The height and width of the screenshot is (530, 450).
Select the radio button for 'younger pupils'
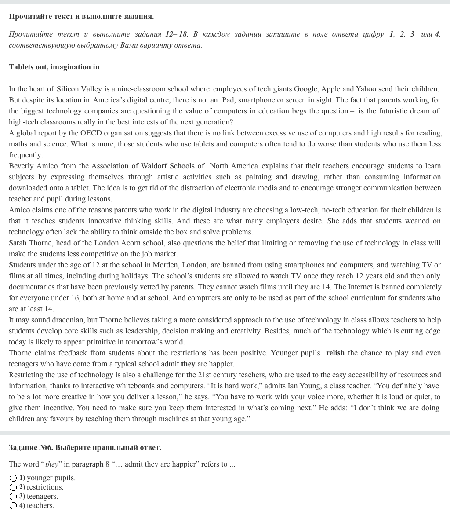[x=13, y=478]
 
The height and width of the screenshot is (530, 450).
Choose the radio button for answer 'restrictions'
[x=13, y=487]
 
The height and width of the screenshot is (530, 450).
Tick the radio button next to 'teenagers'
[x=13, y=497]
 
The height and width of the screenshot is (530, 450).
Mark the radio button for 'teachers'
[x=13, y=506]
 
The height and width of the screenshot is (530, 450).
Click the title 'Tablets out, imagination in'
[x=54, y=67]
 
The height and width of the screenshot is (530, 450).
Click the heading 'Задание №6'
[x=31, y=448]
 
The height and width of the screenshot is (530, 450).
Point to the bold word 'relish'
[x=335, y=353]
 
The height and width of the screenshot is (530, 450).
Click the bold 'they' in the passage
[x=188, y=364]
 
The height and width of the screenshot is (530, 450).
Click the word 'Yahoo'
[x=366, y=89]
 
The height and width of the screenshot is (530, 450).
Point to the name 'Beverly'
[x=21, y=166]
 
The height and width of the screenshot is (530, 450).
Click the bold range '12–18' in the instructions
[x=176, y=34]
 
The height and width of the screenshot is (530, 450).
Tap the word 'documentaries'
[x=31, y=287]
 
